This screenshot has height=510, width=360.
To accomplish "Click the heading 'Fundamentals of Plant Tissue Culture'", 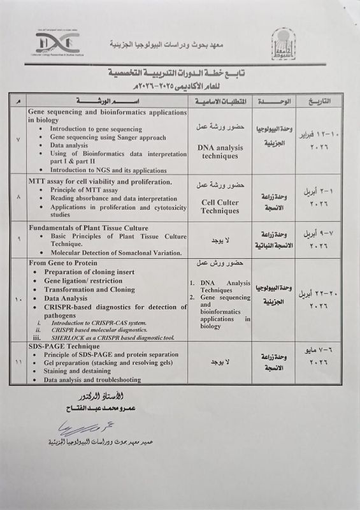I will pos(89,228).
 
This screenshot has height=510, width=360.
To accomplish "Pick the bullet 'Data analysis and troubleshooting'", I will pos(92,380).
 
